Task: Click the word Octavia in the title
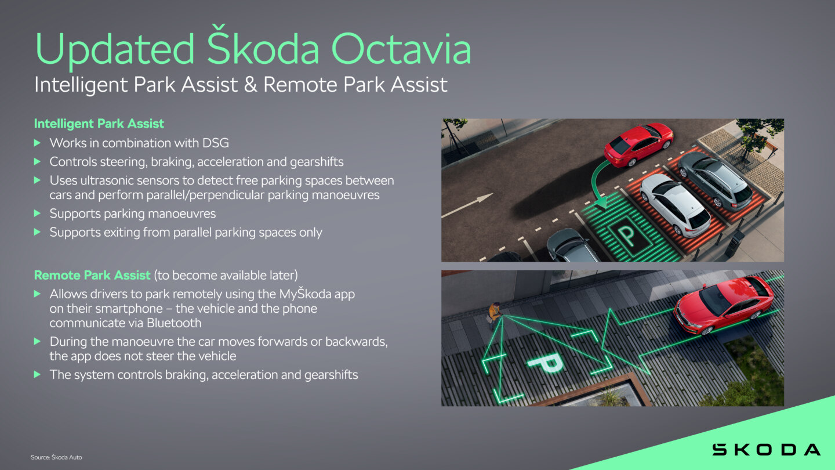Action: [401, 49]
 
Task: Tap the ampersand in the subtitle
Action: [251, 85]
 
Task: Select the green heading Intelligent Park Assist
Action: [99, 124]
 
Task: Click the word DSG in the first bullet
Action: [216, 143]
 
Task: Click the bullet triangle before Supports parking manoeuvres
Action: [37, 214]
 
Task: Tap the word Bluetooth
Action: [174, 323]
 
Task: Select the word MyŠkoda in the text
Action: [305, 294]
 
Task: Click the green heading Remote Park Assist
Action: [92, 275]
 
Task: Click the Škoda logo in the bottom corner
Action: [766, 450]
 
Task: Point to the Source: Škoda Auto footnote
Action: [56, 457]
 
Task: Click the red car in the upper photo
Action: [638, 144]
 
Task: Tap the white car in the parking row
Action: [675, 205]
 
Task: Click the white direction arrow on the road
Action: [467, 205]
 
